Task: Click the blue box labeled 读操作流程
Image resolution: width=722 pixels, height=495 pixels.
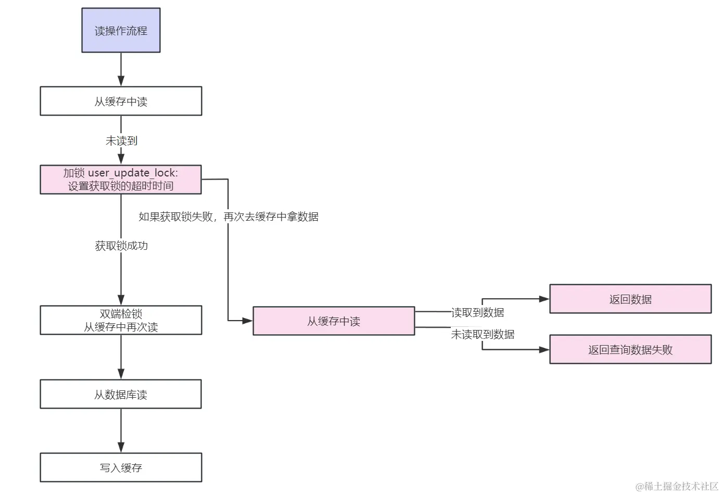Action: click(x=121, y=30)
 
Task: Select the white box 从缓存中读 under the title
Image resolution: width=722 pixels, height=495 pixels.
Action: click(x=121, y=101)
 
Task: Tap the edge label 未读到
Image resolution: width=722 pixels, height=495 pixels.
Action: click(x=121, y=141)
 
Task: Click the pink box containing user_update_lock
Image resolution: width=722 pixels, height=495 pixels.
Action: click(x=121, y=180)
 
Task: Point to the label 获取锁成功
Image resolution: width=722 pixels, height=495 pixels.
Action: click(x=121, y=246)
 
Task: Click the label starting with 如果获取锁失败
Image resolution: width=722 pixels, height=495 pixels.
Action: click(x=228, y=217)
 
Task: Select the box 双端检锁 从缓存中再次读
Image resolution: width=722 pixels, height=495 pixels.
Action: click(x=121, y=320)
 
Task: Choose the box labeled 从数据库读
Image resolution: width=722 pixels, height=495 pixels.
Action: click(x=121, y=394)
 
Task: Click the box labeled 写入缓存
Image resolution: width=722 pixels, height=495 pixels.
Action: click(x=121, y=467)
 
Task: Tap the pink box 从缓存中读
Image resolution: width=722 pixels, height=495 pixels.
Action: click(x=334, y=321)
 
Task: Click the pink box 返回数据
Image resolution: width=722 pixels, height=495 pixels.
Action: click(x=630, y=299)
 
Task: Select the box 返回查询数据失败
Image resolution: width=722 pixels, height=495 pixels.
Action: click(x=630, y=349)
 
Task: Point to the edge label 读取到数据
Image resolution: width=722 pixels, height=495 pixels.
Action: click(x=477, y=312)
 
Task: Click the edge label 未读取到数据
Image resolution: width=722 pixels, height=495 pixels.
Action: click(x=483, y=334)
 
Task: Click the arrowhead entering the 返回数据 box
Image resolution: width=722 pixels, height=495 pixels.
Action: click(x=544, y=299)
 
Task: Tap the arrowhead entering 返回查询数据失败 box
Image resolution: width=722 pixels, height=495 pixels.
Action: click(x=544, y=349)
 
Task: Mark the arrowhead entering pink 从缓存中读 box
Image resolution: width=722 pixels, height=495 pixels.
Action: click(x=248, y=321)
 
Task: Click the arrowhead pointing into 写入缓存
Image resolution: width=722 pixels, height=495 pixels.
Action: click(x=121, y=448)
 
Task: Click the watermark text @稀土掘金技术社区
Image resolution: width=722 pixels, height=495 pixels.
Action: click(x=677, y=486)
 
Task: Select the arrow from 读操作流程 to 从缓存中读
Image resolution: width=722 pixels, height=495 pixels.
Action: click(x=121, y=69)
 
